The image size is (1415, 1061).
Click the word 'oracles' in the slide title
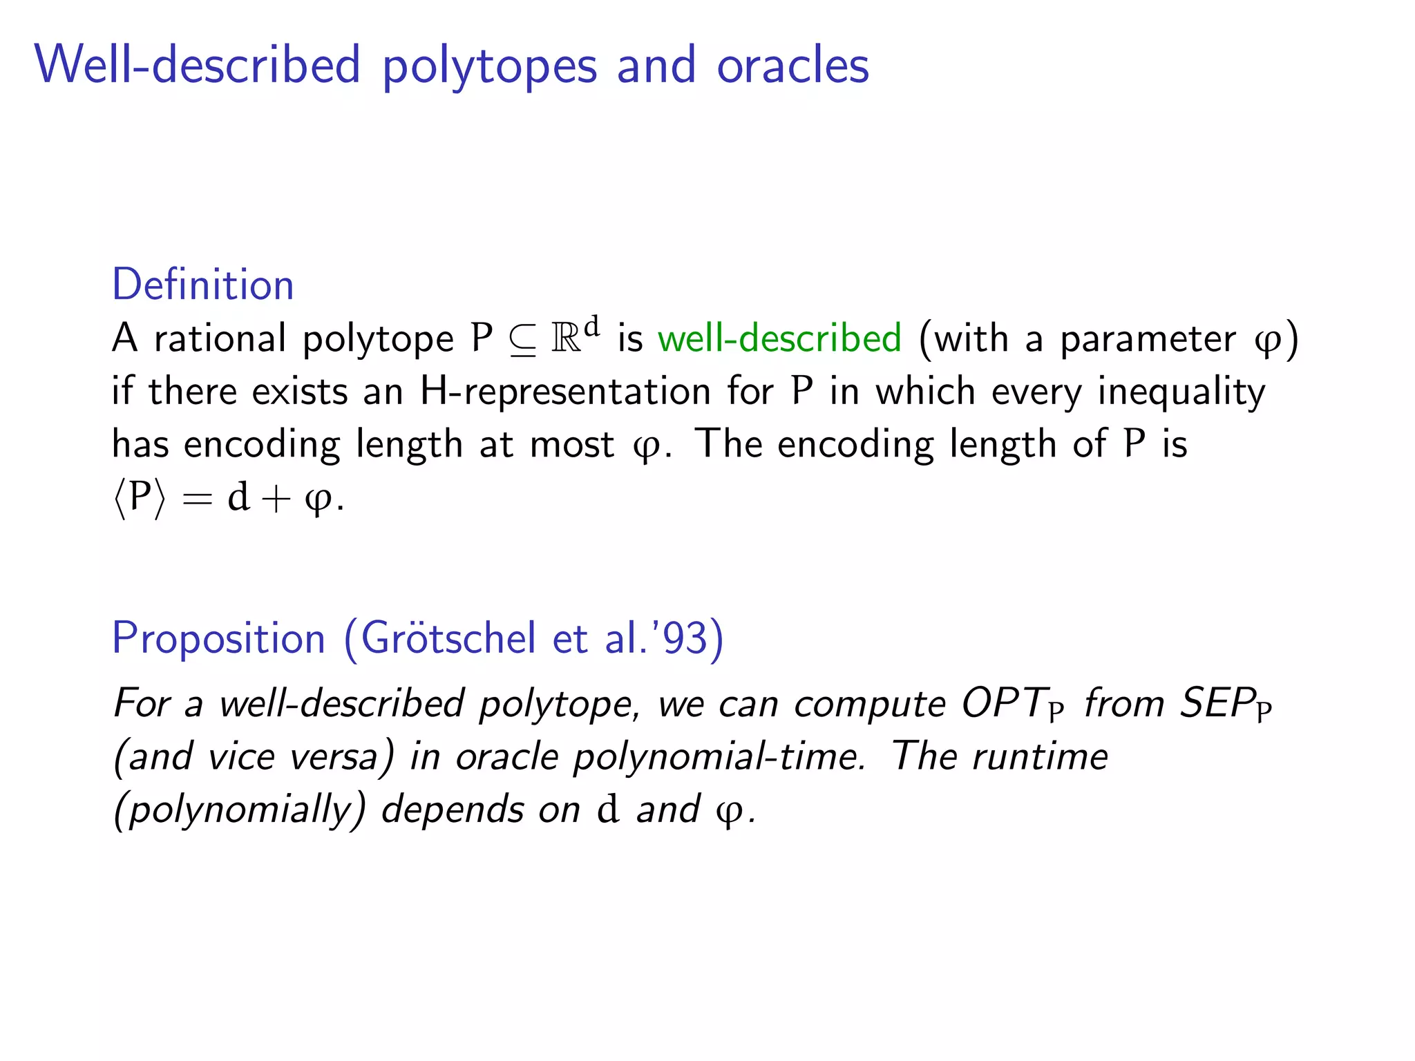(792, 66)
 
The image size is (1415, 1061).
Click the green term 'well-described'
(779, 338)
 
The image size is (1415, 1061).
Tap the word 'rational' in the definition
(220, 338)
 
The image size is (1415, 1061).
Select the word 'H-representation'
(565, 392)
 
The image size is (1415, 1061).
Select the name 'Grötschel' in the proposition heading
(448, 638)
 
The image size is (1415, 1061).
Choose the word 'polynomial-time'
(719, 757)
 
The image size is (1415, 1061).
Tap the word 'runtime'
(1040, 756)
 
